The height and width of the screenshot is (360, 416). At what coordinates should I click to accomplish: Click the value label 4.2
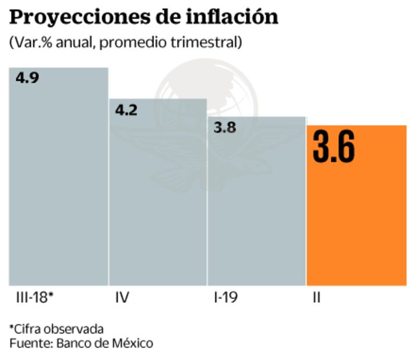[x=126, y=110]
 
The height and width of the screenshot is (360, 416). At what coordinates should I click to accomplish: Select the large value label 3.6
[x=333, y=149]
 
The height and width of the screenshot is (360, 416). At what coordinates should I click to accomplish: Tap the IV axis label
[x=122, y=299]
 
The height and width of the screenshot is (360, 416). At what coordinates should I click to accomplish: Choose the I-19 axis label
[x=226, y=299]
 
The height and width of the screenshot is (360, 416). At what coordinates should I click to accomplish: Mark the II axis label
[x=317, y=299]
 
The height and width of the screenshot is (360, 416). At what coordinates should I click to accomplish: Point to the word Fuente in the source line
[x=30, y=343]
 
